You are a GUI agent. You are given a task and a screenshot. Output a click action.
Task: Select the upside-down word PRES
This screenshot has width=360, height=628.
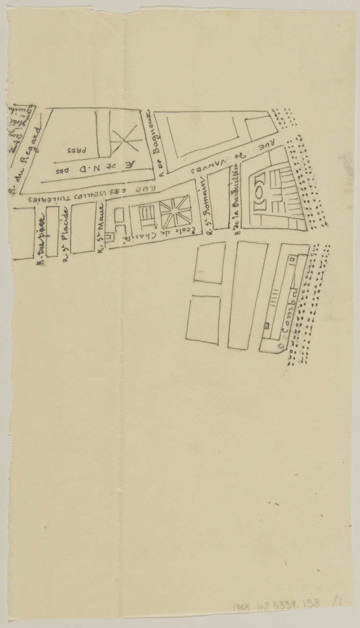(x=74, y=149)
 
